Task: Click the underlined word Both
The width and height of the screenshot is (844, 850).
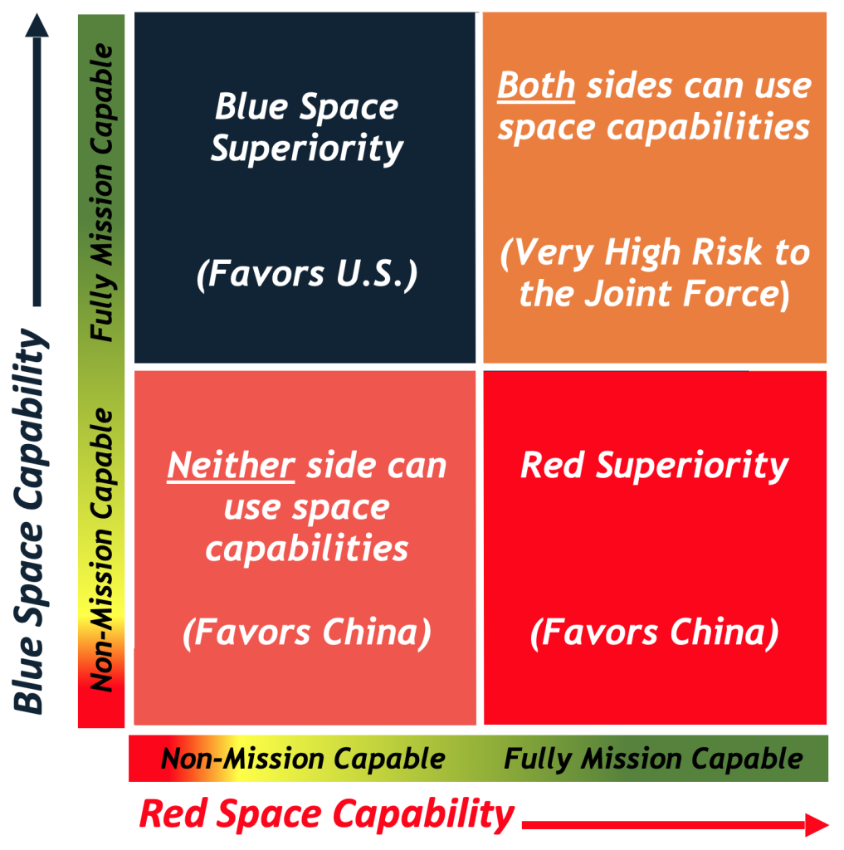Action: click(x=536, y=86)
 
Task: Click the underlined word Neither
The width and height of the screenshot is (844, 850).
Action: click(x=231, y=467)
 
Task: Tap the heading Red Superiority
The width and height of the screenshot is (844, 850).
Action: click(x=654, y=466)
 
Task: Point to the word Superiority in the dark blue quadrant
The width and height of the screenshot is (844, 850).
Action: click(x=307, y=149)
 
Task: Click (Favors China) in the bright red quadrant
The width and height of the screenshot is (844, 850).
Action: click(x=654, y=633)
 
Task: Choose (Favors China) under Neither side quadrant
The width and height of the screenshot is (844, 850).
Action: click(x=307, y=633)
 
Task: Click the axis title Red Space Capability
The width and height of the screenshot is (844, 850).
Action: click(x=327, y=814)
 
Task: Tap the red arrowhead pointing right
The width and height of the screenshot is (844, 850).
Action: click(x=817, y=824)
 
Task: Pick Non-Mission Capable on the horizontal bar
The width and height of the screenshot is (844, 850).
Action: click(x=303, y=759)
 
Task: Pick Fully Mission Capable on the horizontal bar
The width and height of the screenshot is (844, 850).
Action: click(x=654, y=759)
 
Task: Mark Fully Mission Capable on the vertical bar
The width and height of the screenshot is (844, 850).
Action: click(x=101, y=193)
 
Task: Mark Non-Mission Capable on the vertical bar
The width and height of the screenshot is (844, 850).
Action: click(x=101, y=550)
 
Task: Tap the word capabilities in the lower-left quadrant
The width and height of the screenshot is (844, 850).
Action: click(x=307, y=549)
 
